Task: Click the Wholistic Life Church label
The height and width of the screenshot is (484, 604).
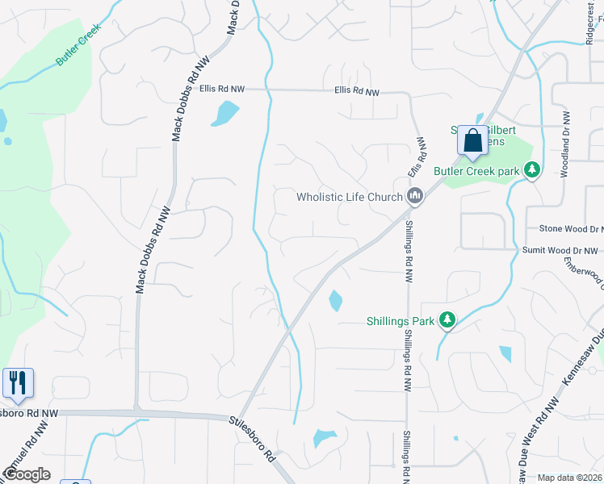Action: [349, 197]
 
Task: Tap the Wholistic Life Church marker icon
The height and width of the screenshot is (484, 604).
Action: [415, 195]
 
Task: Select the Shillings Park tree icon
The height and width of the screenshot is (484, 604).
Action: [447, 321]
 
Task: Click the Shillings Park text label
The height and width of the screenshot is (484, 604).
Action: [401, 321]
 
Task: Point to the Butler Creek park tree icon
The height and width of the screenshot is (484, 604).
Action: [531, 170]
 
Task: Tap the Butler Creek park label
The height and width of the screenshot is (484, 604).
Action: [476, 171]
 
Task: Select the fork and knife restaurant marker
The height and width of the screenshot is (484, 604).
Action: [18, 382]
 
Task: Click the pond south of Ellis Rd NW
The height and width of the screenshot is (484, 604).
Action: [225, 114]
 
